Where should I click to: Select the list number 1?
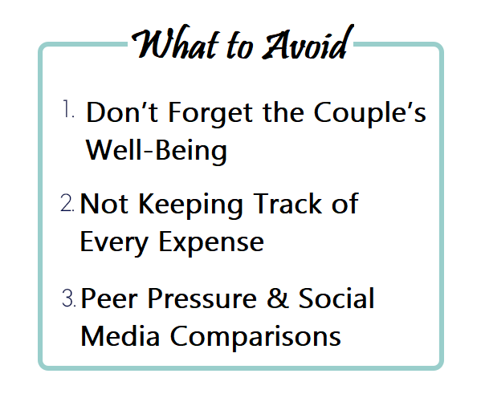click(x=68, y=109)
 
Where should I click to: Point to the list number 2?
click(x=67, y=203)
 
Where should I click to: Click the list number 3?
click(x=68, y=298)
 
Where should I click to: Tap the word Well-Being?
click(x=156, y=150)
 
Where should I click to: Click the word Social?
click(x=336, y=298)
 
